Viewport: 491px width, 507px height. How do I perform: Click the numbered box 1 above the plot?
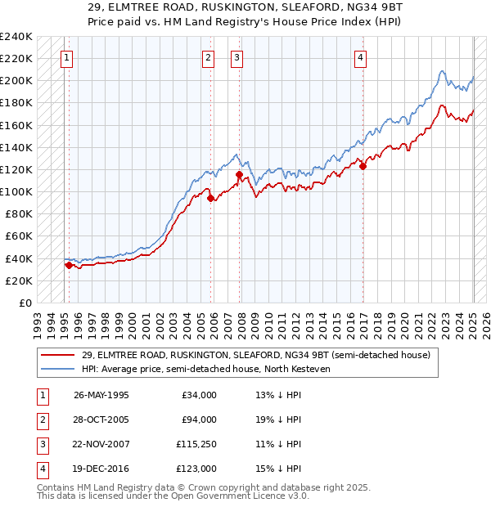(x=65, y=57)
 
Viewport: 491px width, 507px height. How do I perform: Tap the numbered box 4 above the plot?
(x=360, y=57)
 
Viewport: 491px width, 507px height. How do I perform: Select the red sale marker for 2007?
(x=239, y=174)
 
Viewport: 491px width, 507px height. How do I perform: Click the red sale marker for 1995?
(x=69, y=265)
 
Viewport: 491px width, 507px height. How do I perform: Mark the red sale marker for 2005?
(x=210, y=198)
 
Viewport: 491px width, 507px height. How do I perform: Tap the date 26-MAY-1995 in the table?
(x=101, y=395)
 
